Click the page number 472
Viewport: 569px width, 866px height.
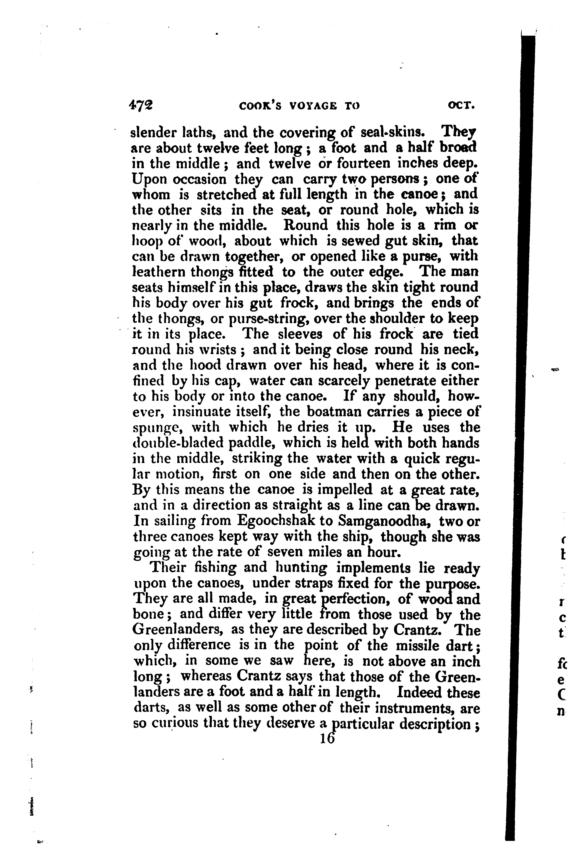click(141, 105)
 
